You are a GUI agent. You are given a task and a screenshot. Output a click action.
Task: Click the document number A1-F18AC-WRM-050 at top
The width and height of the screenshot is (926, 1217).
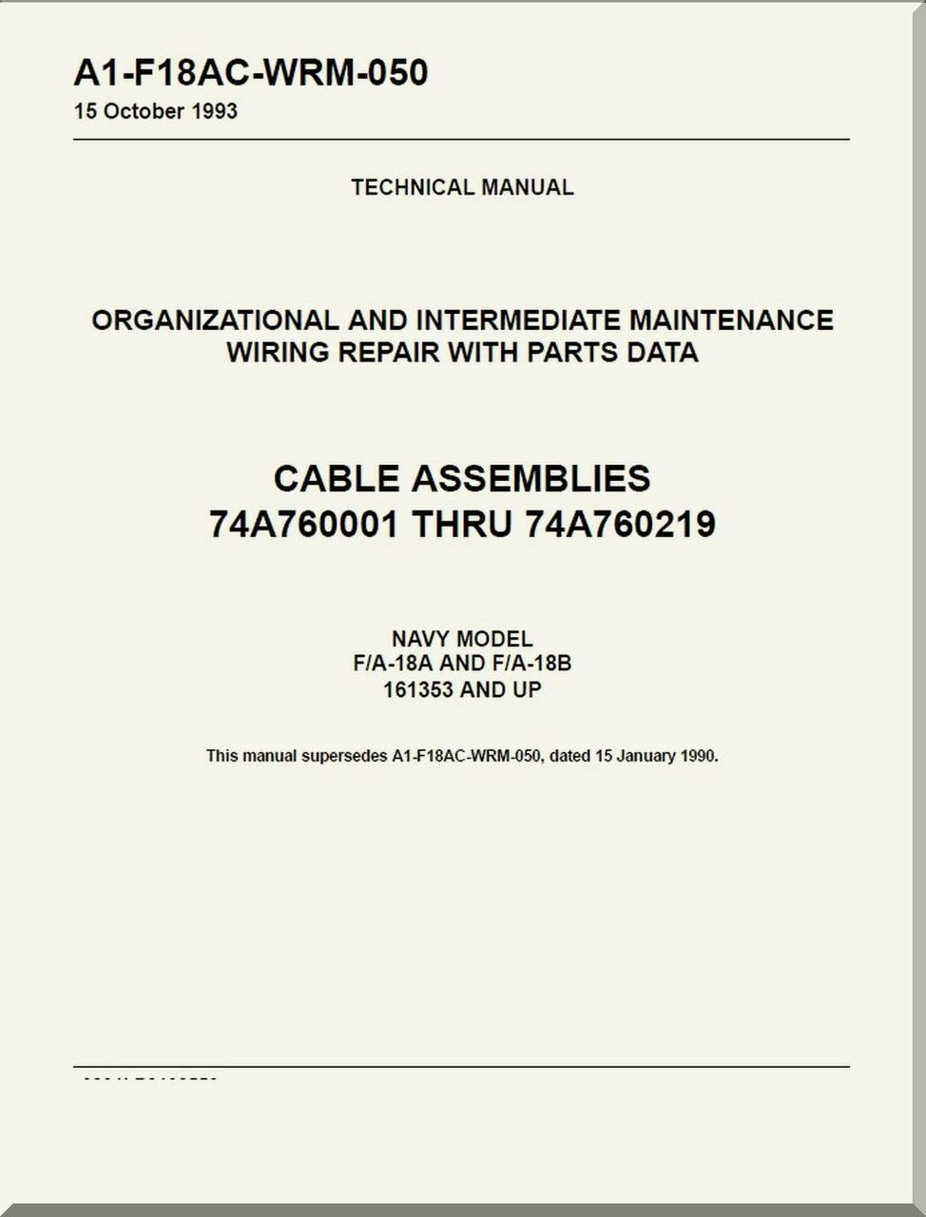click(251, 73)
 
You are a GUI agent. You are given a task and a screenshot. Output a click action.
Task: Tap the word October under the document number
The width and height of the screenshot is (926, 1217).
click(144, 111)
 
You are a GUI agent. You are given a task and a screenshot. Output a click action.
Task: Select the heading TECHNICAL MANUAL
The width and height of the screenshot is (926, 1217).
click(462, 187)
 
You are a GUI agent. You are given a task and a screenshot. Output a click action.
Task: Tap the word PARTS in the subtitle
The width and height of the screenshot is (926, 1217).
click(569, 353)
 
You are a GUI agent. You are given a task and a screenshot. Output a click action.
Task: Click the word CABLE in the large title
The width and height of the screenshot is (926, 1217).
click(337, 477)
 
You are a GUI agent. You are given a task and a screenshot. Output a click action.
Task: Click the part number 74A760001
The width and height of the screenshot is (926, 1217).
click(303, 524)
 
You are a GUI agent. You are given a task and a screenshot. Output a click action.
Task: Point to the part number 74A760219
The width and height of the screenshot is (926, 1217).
click(620, 524)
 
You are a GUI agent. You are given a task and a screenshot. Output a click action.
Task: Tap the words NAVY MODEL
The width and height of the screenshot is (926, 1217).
click(462, 639)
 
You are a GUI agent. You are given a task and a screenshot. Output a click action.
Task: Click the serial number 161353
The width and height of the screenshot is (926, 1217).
click(417, 689)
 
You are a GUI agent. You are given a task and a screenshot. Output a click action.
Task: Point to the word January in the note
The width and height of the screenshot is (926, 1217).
click(646, 757)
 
